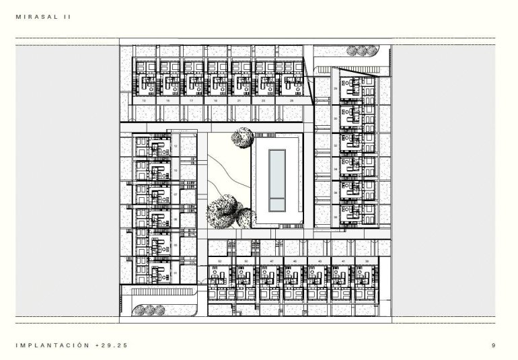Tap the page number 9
tap(494, 346)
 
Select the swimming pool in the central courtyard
tap(276, 180)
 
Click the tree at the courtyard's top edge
tap(240, 139)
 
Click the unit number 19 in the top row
tap(216, 100)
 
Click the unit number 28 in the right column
tap(335, 88)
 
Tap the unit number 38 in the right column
tap(335, 217)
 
